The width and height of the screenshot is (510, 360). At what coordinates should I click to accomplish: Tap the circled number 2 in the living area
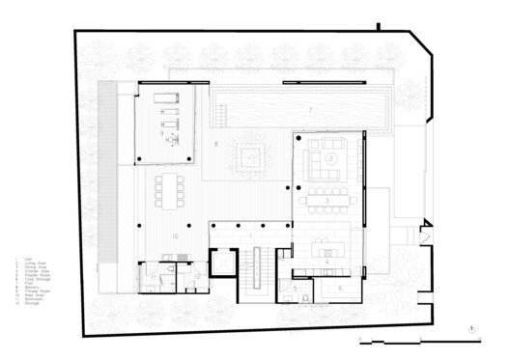330,156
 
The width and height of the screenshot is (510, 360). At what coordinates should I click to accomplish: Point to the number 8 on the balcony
215,146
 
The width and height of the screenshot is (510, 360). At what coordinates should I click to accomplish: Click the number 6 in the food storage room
340,288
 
